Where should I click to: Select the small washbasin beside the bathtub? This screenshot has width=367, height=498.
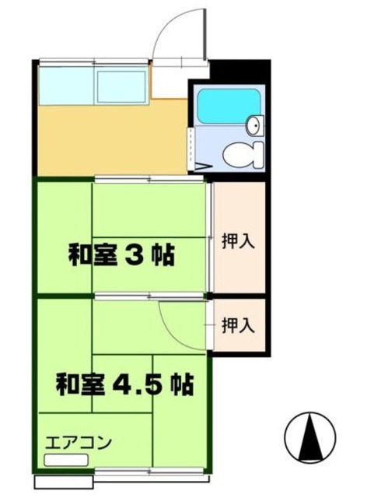point(255,124)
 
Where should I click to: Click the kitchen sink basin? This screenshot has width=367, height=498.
point(121,86)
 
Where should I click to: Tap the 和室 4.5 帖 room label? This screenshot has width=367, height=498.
point(124,384)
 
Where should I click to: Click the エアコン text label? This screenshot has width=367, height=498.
point(79,443)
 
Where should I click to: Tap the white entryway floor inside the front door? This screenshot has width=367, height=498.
point(170,79)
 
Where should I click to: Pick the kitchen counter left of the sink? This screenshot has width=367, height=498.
point(65,86)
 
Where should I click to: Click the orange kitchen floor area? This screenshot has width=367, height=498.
point(109,140)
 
